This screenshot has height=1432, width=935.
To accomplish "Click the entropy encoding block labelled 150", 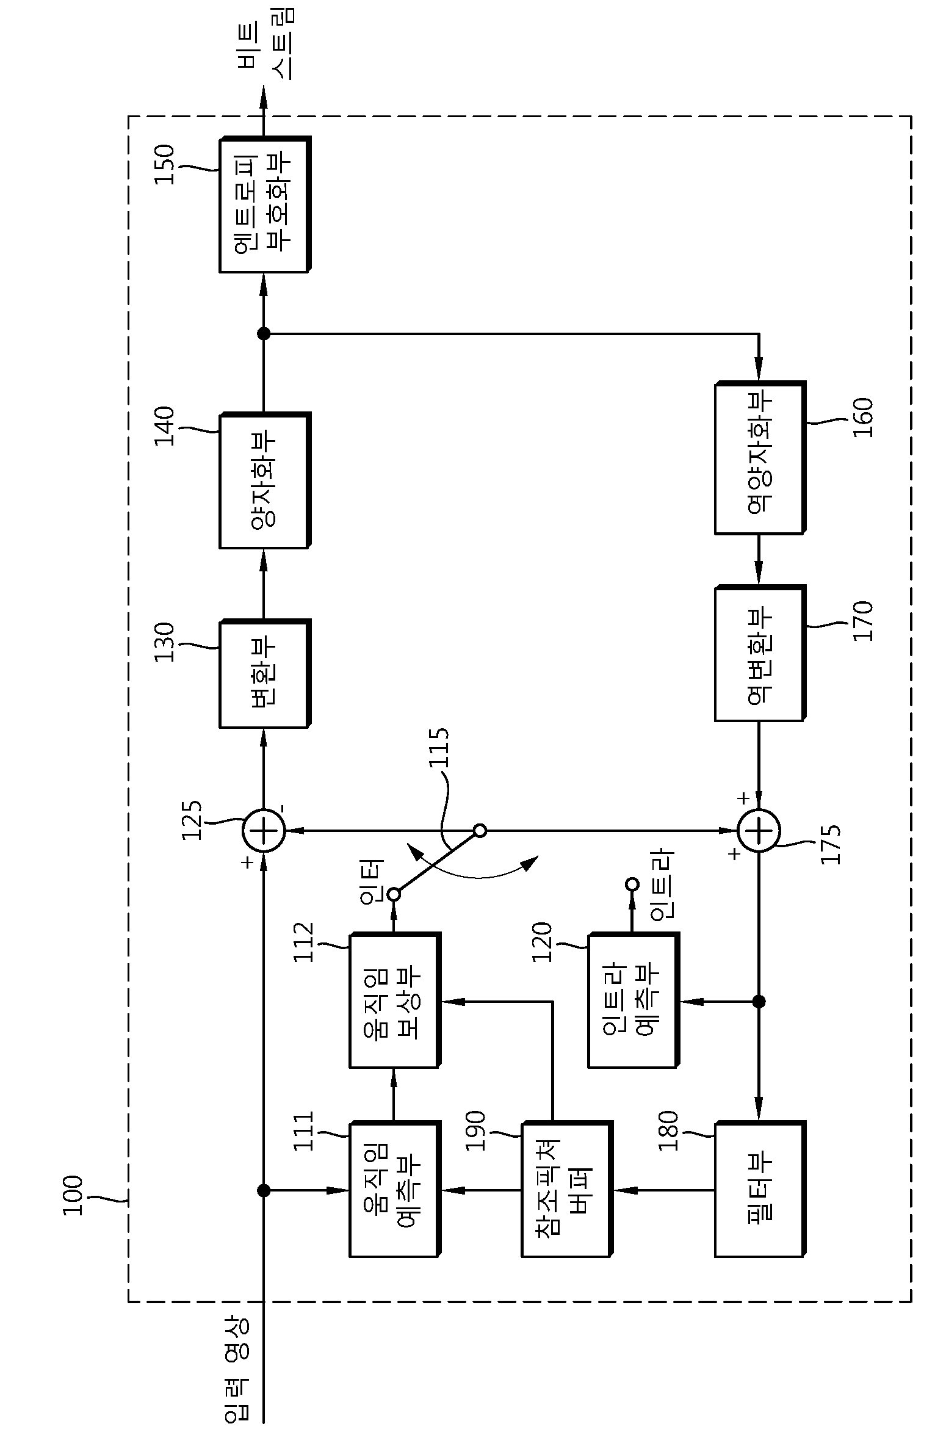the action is pyautogui.click(x=265, y=204).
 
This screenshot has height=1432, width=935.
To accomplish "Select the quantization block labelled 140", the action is pyautogui.click(x=265, y=480).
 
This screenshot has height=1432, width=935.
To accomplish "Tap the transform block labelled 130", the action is pyautogui.click(x=265, y=674).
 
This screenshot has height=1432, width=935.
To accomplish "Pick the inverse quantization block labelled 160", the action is pyautogui.click(x=760, y=458).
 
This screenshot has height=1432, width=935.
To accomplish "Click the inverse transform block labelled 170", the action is pyautogui.click(x=760, y=653).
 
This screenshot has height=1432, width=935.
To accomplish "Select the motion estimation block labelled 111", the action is pyautogui.click(x=395, y=1190).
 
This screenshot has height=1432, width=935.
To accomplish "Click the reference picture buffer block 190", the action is pyautogui.click(x=567, y=1190).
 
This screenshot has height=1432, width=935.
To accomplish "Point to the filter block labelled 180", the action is pyautogui.click(x=760, y=1190).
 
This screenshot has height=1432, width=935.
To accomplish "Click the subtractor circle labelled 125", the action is pyautogui.click(x=264, y=831).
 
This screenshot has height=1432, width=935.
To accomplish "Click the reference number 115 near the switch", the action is pyautogui.click(x=438, y=748).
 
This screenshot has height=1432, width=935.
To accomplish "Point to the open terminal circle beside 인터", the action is pyautogui.click(x=394, y=895).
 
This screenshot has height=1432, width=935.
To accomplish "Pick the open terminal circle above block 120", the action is pyautogui.click(x=632, y=884).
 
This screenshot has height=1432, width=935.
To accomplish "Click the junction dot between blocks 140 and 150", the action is pyautogui.click(x=264, y=333).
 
